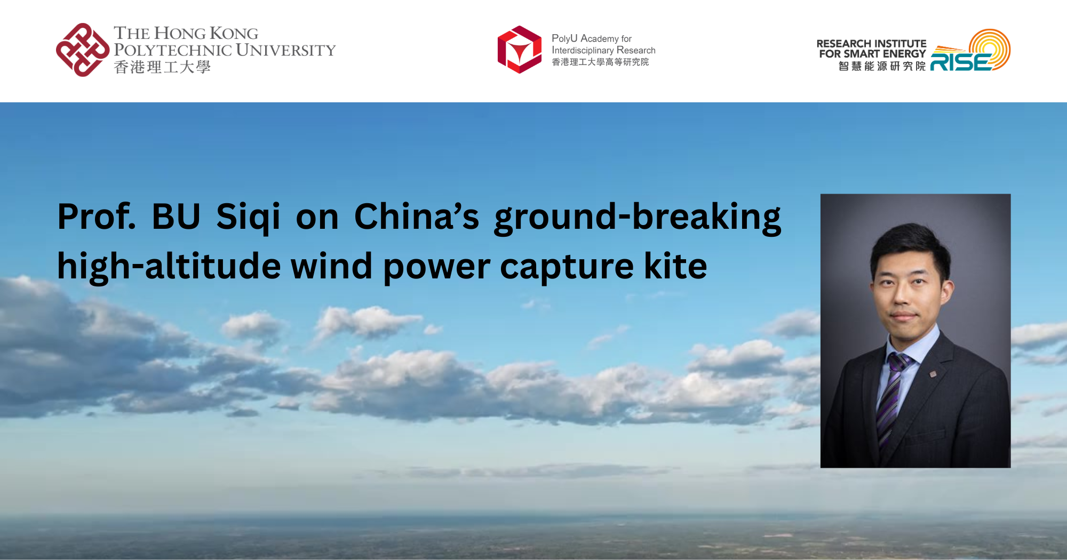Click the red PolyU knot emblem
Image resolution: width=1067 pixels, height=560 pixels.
(x=83, y=50)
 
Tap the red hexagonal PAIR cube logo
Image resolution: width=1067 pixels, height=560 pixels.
(x=520, y=50)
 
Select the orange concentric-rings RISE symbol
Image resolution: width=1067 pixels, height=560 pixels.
(x=990, y=49)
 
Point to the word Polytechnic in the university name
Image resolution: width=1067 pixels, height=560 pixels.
(x=172, y=50)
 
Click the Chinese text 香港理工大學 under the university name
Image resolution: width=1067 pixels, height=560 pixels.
(x=162, y=67)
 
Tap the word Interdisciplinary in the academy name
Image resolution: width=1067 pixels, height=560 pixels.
(x=583, y=50)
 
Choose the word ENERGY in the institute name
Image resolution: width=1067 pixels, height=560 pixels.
(x=904, y=54)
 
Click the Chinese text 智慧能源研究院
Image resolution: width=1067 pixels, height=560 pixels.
(x=882, y=66)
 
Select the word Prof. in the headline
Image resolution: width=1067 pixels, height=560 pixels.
(x=97, y=217)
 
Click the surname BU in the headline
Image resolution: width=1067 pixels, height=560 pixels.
(x=176, y=217)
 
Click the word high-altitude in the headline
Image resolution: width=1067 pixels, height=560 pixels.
(x=169, y=266)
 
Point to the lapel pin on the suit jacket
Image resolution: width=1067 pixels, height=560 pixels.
(x=933, y=374)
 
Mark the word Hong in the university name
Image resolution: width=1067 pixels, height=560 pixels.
(x=180, y=34)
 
